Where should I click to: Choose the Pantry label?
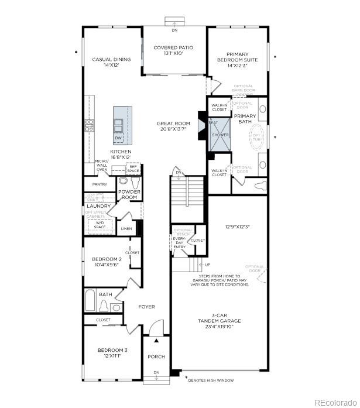point(100,184)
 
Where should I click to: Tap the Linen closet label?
point(126,228)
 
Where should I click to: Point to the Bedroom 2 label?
point(107,262)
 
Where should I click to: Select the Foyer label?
point(146,306)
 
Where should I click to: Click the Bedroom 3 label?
point(112,353)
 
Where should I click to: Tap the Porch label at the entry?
point(156,356)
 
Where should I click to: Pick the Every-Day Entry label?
point(179,243)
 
